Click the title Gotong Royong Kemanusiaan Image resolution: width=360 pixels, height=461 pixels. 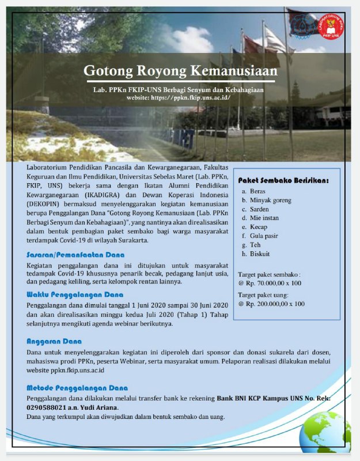point(180,71)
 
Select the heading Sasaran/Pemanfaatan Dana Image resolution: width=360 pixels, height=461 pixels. point(75,254)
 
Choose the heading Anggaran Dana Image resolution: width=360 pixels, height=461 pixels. point(54,341)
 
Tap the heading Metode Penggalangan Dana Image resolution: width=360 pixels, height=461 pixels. point(77,388)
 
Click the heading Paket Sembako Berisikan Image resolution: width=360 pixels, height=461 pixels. point(283,180)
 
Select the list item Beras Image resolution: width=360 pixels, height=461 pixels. point(257,191)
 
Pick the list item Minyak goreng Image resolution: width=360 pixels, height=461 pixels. point(271,200)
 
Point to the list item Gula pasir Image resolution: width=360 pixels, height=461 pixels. point(264,236)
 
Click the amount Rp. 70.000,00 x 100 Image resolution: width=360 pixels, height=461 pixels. point(271,284)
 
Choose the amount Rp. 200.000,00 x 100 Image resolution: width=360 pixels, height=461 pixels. point(273,304)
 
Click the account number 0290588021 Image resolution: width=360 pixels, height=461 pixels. point(49,407)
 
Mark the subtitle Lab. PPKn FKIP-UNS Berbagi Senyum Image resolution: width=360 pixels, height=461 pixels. point(179,90)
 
